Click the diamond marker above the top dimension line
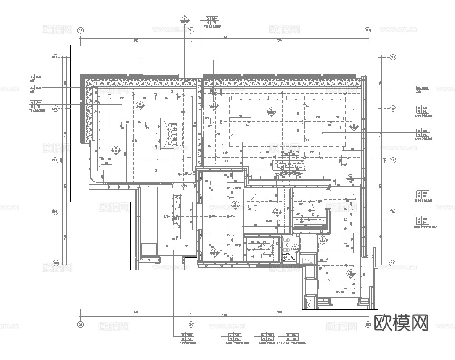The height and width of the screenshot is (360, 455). [184, 20]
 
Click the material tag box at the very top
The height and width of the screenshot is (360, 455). [211, 21]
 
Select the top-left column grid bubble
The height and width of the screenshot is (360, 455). [80, 30]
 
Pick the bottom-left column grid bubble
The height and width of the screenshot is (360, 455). [80, 324]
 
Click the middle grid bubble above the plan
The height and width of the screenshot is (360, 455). [191, 30]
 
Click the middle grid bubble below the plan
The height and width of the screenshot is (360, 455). [191, 324]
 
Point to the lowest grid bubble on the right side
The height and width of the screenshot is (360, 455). [393, 263]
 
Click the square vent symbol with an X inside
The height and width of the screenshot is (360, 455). [267, 249]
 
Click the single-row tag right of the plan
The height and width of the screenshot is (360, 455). [423, 88]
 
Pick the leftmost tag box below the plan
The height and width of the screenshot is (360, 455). [186, 337]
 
